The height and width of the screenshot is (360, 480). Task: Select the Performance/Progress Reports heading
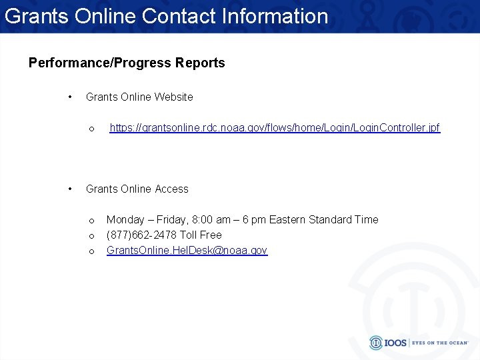point(127,63)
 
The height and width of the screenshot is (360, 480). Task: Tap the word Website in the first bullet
point(173,97)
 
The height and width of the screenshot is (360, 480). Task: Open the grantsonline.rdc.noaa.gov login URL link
point(275,127)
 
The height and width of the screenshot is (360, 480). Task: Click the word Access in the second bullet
point(171,189)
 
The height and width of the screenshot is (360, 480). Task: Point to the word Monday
point(125,219)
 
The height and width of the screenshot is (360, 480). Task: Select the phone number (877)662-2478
point(142,235)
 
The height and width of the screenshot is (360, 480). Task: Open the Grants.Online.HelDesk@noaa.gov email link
point(187,250)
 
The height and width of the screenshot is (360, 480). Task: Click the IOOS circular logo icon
point(377,343)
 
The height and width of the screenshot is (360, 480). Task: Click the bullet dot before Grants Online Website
point(71,97)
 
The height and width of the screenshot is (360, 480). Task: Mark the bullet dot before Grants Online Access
point(71,189)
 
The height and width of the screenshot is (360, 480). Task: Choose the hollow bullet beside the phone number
point(92,235)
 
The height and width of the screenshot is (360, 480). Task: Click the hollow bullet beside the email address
point(92,251)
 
